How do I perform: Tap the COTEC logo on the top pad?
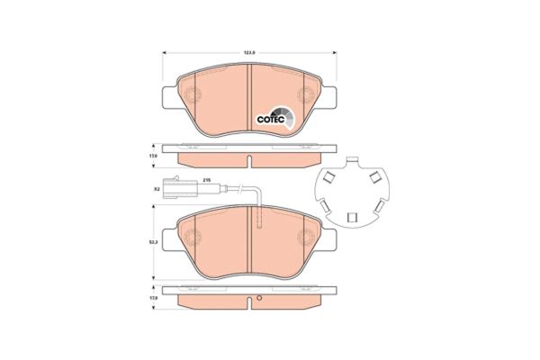coord(272,114)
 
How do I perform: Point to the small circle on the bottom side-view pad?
coord(257,299)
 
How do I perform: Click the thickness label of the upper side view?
coord(154,157)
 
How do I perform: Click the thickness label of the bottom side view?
coord(154,298)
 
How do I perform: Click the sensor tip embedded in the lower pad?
coord(258,223)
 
